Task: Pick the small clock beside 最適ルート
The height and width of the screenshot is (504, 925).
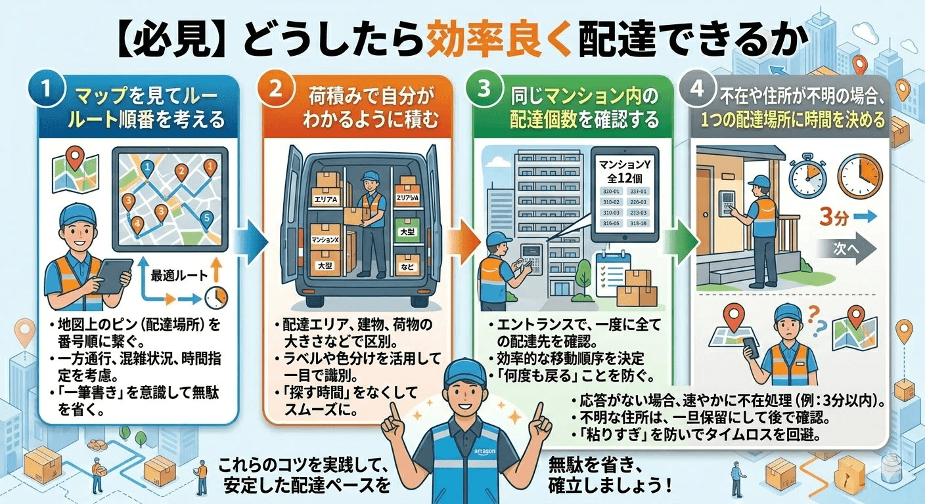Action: (214, 299)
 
